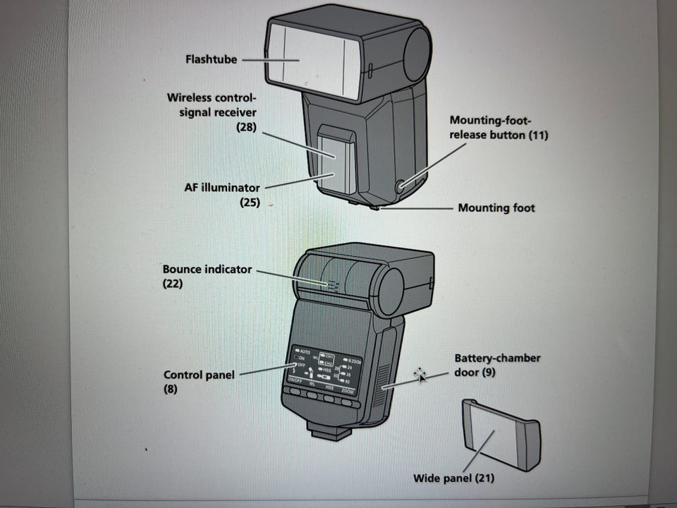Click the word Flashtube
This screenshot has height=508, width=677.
pyautogui.click(x=211, y=59)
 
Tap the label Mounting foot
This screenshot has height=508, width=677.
pyautogui.click(x=496, y=208)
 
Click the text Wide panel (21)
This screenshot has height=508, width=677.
pyautogui.click(x=453, y=478)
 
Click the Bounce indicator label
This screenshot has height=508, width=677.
pyautogui.click(x=207, y=270)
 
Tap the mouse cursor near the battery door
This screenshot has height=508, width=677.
pyautogui.click(x=420, y=374)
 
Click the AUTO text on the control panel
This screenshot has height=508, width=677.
pyautogui.click(x=305, y=351)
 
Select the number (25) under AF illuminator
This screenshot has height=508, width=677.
pyautogui.click(x=248, y=202)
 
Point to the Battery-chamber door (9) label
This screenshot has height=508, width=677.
pyautogui.click(x=496, y=365)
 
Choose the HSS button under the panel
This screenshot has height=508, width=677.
pyautogui.click(x=329, y=397)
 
